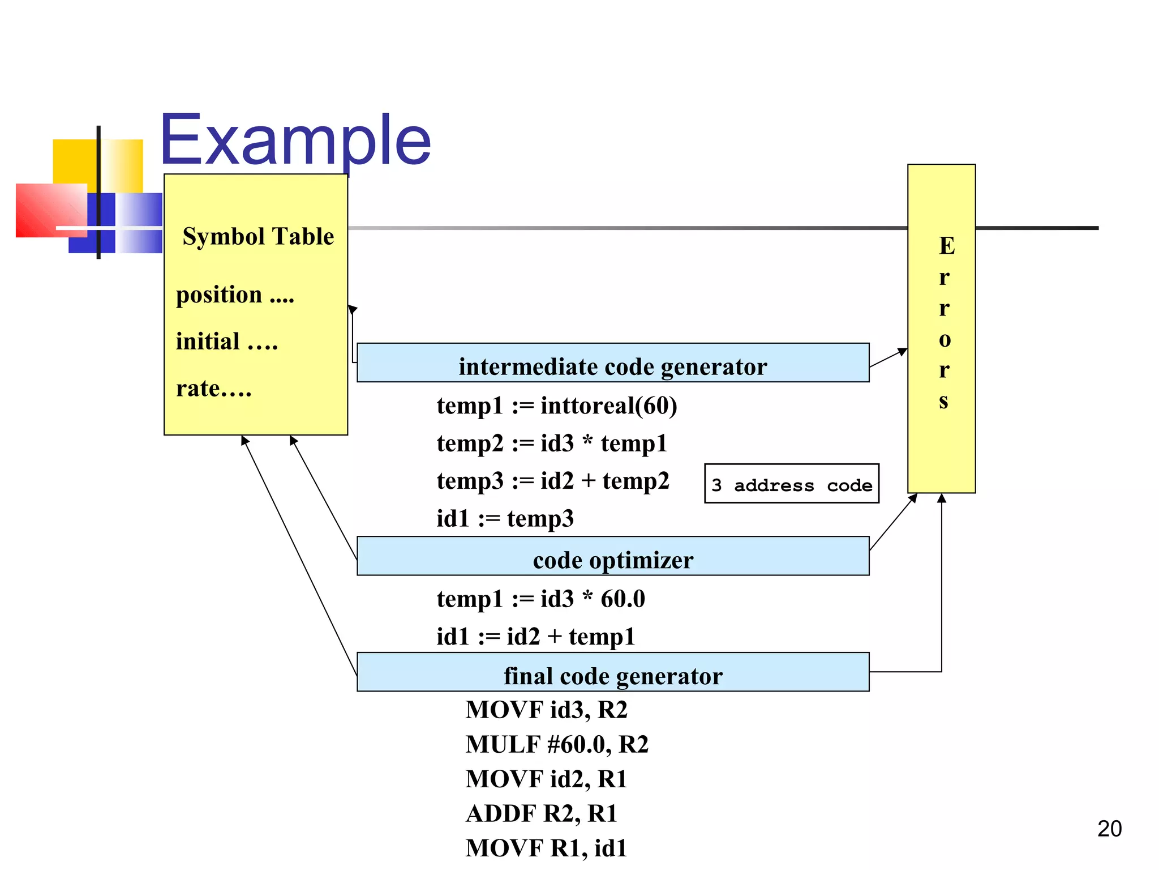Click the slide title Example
295,140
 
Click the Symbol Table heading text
258,236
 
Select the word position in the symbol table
219,295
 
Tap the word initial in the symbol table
208,342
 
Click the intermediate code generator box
613,363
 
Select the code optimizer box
613,557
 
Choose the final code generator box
613,672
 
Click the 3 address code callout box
791,484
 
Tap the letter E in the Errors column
946,246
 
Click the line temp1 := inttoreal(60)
557,406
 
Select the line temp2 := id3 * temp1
552,443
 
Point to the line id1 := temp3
505,518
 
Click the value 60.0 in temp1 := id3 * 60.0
623,599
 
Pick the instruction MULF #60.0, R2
557,744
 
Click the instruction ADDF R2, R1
541,813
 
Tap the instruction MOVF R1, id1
546,848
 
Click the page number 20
1109,829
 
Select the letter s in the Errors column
943,401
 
